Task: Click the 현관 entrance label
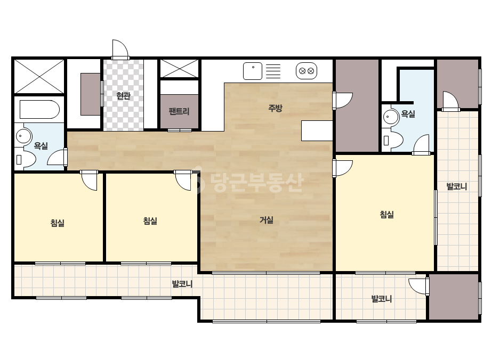coord(123,95)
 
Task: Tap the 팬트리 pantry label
coord(179,111)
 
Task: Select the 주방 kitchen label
coord(275,108)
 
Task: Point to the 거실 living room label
coord(267,220)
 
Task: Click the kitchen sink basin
coord(253,71)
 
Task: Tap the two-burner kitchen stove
coord(307,71)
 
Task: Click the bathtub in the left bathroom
coord(39,110)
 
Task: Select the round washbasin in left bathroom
coord(23,136)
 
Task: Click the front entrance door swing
coord(120,49)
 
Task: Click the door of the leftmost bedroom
coord(89,181)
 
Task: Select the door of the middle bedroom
coord(183,181)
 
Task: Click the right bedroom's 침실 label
coord(387,215)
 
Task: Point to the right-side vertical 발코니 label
coord(457,186)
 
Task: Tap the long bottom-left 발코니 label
coord(182,284)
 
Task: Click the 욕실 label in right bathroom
coord(408,114)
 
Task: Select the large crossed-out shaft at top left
coord(39,76)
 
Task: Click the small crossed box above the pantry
coord(180,68)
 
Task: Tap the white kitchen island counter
coord(317,130)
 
